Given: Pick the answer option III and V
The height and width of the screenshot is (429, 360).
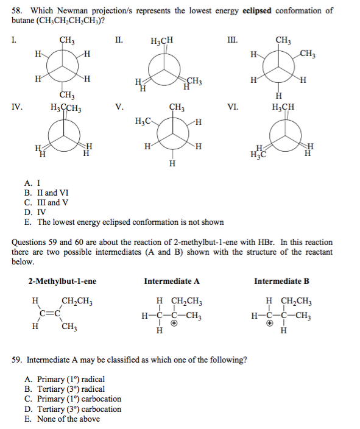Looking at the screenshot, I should point(46,202).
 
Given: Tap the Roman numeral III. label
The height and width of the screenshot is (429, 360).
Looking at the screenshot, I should point(230,41).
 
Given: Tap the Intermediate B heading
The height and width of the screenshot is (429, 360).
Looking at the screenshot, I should point(281,282).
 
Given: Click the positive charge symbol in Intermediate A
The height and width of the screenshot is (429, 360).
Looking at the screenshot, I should point(174,325).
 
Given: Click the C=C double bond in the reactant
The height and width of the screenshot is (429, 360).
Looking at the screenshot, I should point(49,314).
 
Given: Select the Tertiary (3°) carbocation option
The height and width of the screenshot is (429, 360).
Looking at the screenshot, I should point(72,409).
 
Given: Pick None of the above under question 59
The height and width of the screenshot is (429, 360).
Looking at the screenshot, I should point(63,419).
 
